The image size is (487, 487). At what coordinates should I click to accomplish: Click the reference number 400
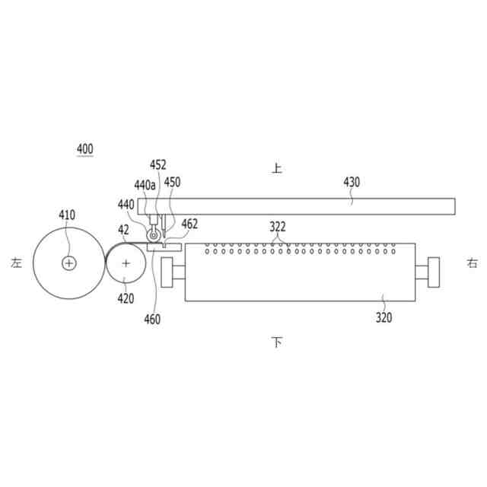(x=84, y=149)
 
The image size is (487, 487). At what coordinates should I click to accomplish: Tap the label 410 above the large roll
(x=67, y=215)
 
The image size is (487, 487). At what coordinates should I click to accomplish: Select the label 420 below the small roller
(x=126, y=298)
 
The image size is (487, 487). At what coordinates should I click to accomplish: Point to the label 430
(x=352, y=182)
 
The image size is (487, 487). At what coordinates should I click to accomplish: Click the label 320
(x=384, y=317)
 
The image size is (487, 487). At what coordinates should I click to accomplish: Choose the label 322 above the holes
(x=277, y=227)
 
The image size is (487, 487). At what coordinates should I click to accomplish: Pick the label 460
(x=152, y=319)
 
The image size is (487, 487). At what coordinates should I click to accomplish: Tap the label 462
(x=189, y=224)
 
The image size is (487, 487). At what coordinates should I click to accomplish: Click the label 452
(x=158, y=164)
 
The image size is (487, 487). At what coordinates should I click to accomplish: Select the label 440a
(x=145, y=185)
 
